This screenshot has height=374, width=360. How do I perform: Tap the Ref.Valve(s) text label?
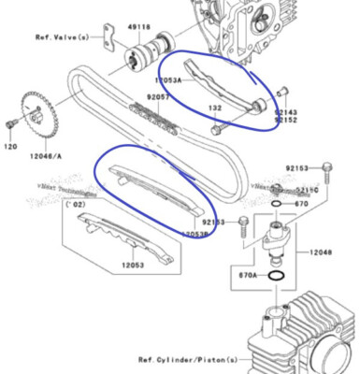click(63, 38)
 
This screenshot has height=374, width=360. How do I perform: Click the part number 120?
click(11, 147)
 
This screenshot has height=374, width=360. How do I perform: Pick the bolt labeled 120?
click(10, 124)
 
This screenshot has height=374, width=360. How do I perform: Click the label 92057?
click(159, 95)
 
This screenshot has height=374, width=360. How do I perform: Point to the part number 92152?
click(286, 120)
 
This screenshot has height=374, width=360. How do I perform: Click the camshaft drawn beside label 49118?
click(147, 52)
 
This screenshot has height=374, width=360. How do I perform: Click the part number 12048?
click(322, 252)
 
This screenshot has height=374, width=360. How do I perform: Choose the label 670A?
click(246, 276)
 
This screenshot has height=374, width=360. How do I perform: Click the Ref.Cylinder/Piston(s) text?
click(188, 359)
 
